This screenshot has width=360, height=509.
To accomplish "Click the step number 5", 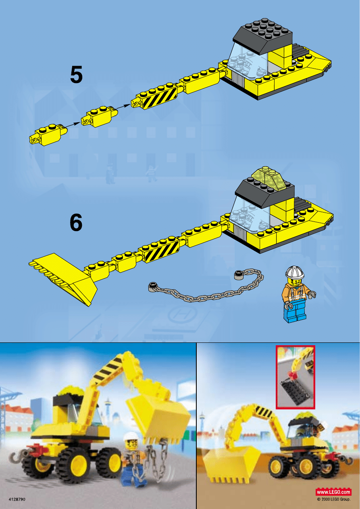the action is pyautogui.click(x=76, y=75).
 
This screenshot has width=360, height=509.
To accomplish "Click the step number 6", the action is pyautogui.click(x=76, y=223).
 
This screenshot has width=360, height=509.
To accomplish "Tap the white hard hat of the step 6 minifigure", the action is pyautogui.click(x=295, y=273).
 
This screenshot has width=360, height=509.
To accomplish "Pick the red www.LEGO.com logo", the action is pyautogui.click(x=333, y=492).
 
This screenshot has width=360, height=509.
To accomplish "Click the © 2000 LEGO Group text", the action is pyautogui.click(x=334, y=499).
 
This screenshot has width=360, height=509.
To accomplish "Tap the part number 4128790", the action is pyautogui.click(x=17, y=499).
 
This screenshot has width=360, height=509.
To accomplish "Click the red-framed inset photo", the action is pyautogui.click(x=295, y=378).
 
